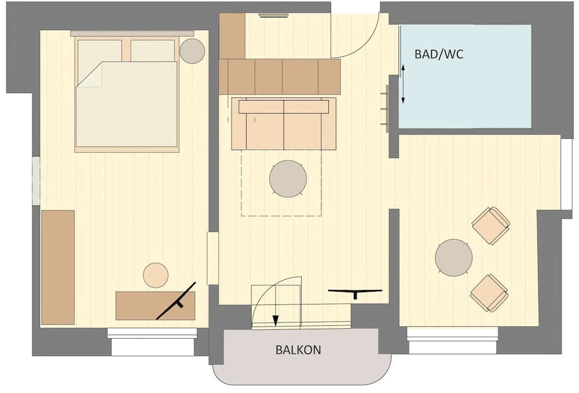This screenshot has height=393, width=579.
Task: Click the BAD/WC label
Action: [x=439, y=54]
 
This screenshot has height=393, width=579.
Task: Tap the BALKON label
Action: [x=298, y=350]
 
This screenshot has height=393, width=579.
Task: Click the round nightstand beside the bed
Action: [x=192, y=51]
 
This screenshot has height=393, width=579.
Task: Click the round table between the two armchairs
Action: [x=453, y=258]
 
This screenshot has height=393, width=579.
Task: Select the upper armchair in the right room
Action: [x=490, y=225]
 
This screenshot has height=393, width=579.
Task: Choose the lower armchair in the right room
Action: [x=489, y=293]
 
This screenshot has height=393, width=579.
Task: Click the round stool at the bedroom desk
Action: [x=155, y=275]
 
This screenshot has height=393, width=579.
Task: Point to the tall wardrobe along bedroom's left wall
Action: [x=58, y=267]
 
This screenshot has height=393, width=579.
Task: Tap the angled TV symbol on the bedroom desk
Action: [x=177, y=300]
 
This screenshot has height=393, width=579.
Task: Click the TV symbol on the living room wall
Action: [x=355, y=292]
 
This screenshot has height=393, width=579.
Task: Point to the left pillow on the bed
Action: [x=99, y=50]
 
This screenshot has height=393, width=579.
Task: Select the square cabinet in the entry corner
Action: [x=232, y=36]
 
